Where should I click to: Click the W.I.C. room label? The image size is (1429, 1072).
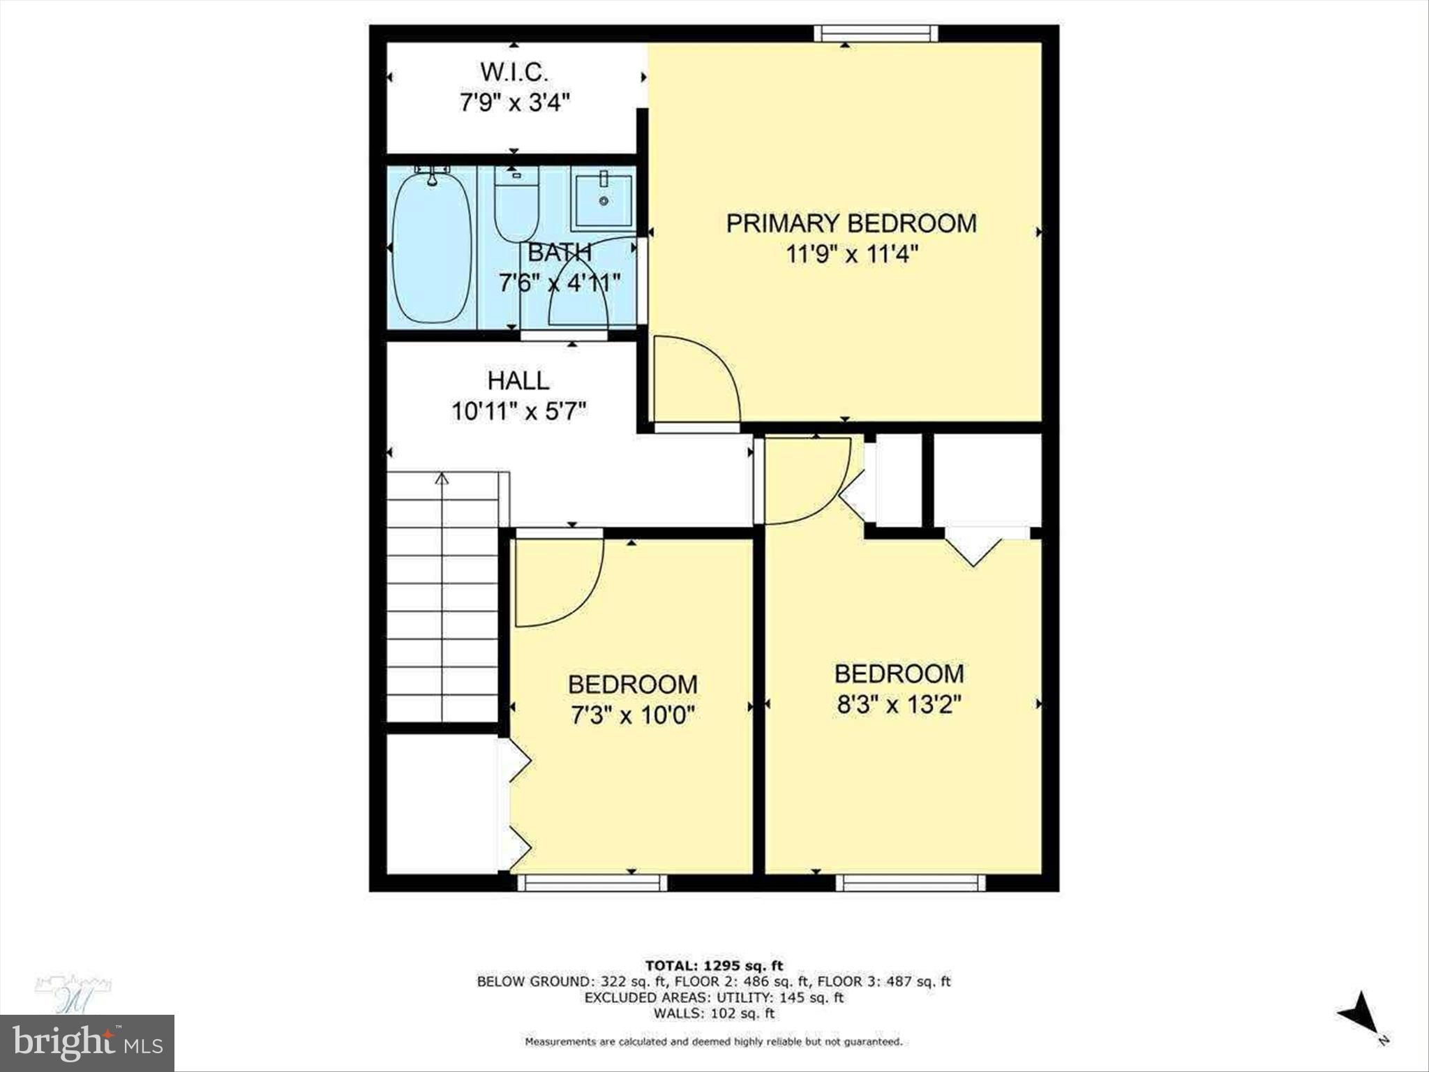(x=514, y=72)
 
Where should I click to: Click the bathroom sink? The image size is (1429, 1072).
(x=603, y=201)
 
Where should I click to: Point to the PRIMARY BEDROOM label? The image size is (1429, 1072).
(x=851, y=223)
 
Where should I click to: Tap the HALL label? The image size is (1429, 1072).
(x=518, y=380)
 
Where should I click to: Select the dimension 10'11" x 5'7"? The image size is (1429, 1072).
(x=518, y=411)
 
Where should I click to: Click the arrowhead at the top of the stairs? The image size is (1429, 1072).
(x=441, y=479)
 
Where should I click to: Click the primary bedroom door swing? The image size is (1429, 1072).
(x=694, y=380)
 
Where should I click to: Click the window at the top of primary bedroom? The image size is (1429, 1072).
(x=876, y=33)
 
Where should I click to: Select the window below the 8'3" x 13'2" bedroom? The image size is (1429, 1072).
(x=911, y=883)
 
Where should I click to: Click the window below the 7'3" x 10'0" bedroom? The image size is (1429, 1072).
(x=592, y=883)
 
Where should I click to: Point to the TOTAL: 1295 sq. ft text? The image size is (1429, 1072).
(x=714, y=966)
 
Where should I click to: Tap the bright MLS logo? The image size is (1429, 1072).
(x=87, y=1043)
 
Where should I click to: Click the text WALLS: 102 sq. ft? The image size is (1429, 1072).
(x=714, y=1013)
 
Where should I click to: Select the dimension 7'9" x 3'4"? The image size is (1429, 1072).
(x=515, y=103)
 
